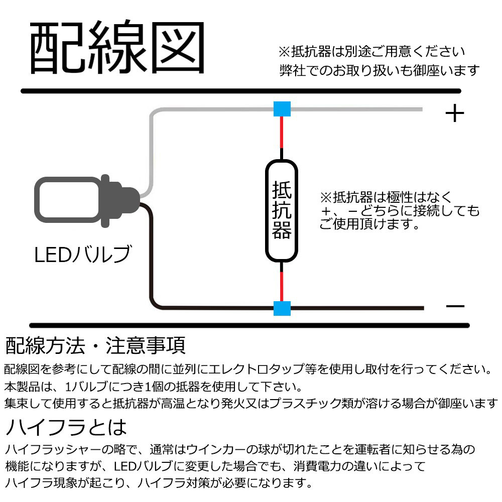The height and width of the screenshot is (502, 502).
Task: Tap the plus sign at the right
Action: click(x=455, y=114)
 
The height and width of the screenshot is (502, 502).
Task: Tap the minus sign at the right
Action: click(x=455, y=307)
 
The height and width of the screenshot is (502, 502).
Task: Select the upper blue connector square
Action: click(x=282, y=109)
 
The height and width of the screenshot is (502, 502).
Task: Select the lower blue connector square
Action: click(x=282, y=308)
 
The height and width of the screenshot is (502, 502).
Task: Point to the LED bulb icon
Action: click(x=85, y=200)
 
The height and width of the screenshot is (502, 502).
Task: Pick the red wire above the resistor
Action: click(x=282, y=132)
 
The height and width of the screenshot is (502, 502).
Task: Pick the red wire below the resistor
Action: click(x=282, y=286)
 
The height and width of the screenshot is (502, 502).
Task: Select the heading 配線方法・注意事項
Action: click(x=95, y=345)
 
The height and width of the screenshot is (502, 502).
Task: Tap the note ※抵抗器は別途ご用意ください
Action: click(x=371, y=52)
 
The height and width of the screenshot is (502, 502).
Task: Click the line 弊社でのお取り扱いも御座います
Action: click(x=380, y=70)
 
